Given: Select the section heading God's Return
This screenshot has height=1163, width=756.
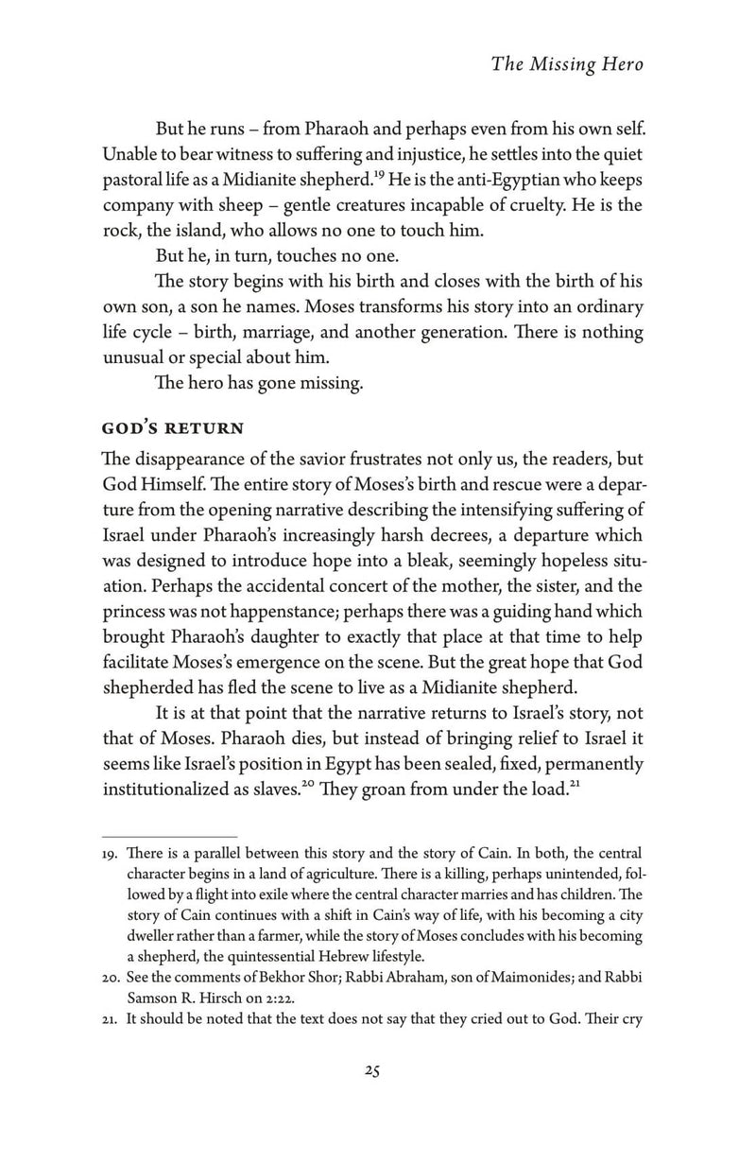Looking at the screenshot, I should [x=173, y=427].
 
